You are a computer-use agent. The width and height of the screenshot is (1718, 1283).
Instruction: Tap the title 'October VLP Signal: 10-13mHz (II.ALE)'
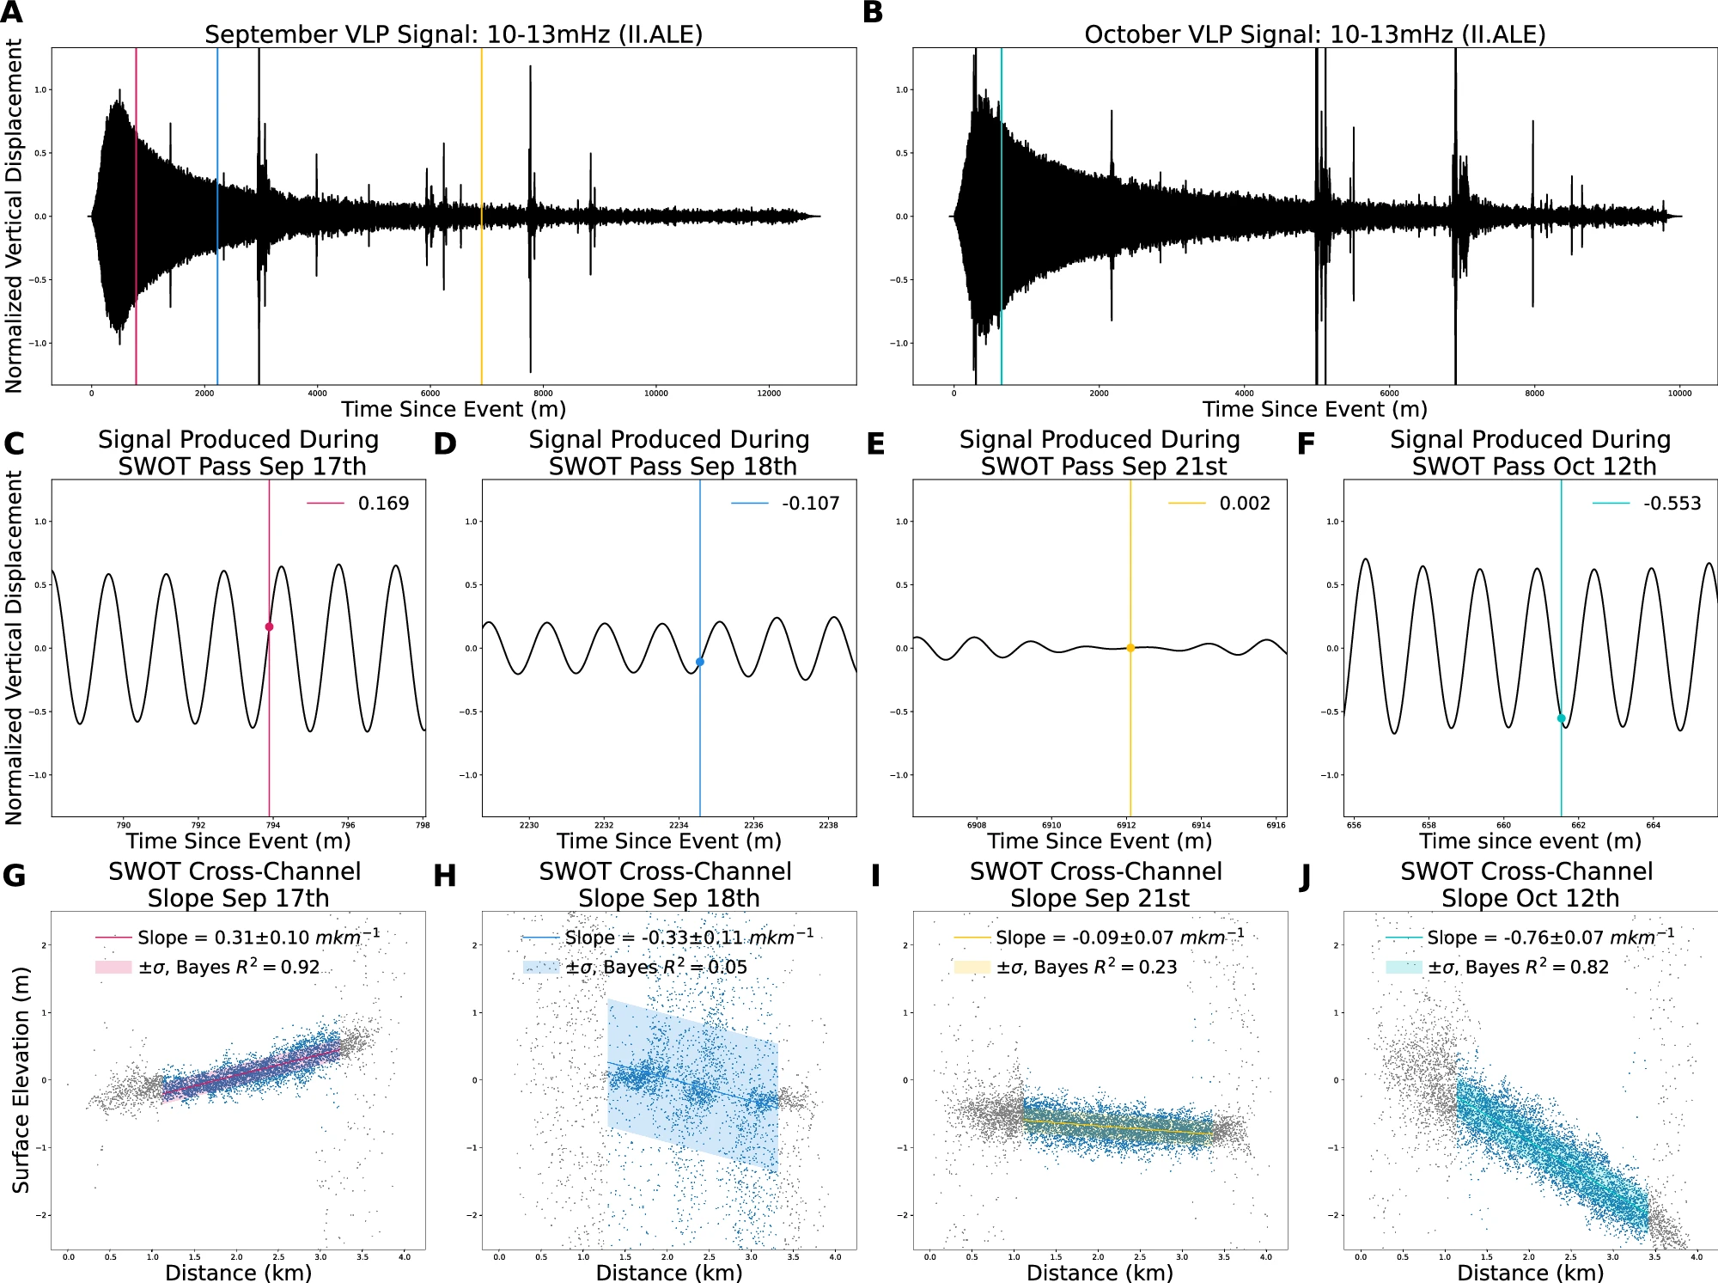pos(1314,34)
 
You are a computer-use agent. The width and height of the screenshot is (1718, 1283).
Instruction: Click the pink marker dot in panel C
pos(269,626)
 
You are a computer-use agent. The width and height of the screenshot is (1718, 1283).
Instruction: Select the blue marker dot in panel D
pos(700,662)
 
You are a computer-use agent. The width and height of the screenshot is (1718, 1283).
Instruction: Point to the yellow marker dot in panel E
pos(1130,648)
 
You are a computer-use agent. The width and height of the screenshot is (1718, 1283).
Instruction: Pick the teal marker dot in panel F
pos(1561,718)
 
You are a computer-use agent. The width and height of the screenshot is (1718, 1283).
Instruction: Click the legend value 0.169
pos(383,504)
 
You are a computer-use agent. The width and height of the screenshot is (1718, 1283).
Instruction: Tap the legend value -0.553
pos(1672,504)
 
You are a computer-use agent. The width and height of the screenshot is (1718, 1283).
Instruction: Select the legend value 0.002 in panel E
pos(1245,504)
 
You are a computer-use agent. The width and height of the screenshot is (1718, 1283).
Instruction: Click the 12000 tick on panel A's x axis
pos(769,394)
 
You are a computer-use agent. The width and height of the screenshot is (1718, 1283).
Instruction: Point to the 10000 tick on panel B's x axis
pos(1679,394)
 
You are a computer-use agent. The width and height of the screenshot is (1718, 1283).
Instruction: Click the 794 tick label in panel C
pos(273,825)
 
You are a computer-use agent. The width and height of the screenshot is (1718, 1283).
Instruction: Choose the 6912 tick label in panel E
pos(1126,825)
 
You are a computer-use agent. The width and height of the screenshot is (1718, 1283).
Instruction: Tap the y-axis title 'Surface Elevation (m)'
pos(21,1079)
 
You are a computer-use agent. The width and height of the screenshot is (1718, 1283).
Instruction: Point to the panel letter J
pos(1305,877)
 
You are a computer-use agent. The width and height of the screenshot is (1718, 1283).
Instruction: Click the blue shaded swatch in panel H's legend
pos(541,967)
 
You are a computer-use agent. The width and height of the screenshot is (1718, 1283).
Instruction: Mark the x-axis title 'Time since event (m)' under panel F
pos(1530,840)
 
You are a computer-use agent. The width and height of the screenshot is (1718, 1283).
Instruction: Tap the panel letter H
pos(444,877)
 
